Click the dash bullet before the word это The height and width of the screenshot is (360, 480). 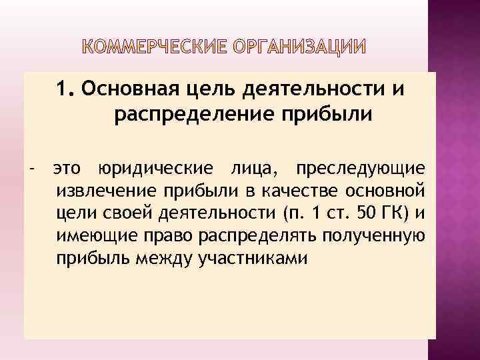click(x=33, y=168)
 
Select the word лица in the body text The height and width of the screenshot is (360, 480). click(x=249, y=169)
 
